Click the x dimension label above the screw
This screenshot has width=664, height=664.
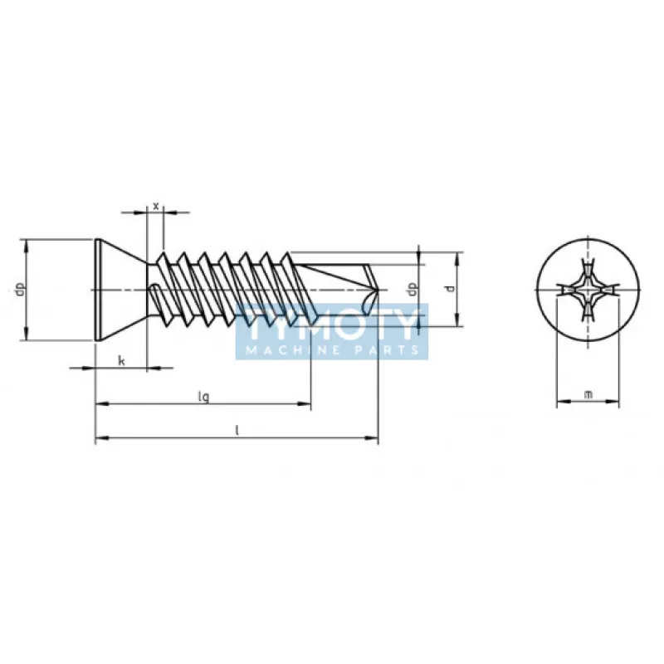155,204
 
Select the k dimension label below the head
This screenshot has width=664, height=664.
121,359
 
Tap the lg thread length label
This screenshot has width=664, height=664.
203,397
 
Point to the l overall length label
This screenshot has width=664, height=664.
237,430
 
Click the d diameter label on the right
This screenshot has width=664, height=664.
449,289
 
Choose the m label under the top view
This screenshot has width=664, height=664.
588,394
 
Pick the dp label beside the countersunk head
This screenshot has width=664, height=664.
18,290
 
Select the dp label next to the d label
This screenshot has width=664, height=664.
411,289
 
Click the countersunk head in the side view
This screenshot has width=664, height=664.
120,290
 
